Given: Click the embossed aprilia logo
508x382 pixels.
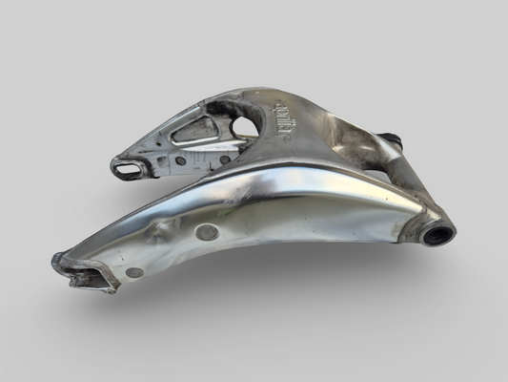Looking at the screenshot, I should pyautogui.click(x=282, y=117).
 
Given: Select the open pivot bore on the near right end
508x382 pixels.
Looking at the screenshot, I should pyautogui.click(x=439, y=232).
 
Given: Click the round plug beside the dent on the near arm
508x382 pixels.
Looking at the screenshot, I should pyautogui.click(x=206, y=231).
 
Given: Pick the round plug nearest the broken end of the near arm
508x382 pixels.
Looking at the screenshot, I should pyautogui.click(x=134, y=272).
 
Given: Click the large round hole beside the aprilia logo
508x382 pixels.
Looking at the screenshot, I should pyautogui.click(x=246, y=121).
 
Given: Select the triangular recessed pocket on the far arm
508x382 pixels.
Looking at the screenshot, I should pyautogui.click(x=195, y=130).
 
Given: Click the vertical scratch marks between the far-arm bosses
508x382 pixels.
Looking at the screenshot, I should pyautogui.click(x=203, y=160).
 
